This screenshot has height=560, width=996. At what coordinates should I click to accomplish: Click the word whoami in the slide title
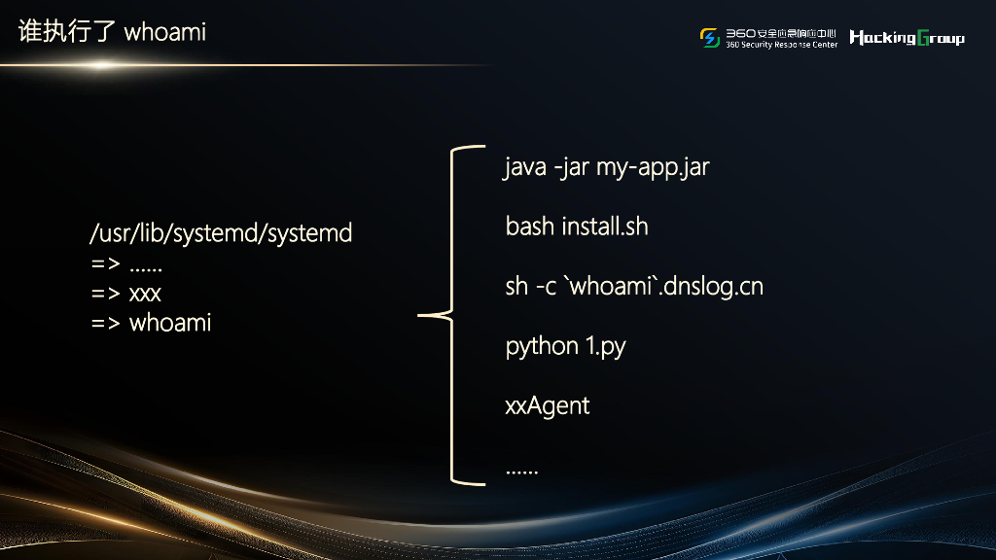pyautogui.click(x=165, y=32)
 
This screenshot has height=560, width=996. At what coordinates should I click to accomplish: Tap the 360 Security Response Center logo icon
pyautogui.click(x=710, y=37)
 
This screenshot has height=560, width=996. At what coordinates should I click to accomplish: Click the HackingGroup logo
pyautogui.click(x=907, y=38)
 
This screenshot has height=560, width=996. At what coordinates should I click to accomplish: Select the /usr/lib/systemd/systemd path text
pyautogui.click(x=221, y=234)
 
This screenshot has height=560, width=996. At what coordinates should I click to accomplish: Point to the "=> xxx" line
pyautogui.click(x=126, y=294)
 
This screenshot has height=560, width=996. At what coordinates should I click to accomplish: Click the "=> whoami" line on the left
pyautogui.click(x=151, y=323)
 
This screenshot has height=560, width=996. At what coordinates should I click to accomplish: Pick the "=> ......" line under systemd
pyautogui.click(x=126, y=264)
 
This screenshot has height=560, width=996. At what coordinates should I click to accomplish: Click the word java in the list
pyautogui.click(x=525, y=167)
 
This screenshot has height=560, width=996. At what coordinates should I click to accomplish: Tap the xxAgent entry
pyautogui.click(x=548, y=405)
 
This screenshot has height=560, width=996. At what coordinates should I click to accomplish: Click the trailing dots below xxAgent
pyautogui.click(x=521, y=472)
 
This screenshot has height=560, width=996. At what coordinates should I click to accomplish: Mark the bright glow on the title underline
pyautogui.click(x=100, y=65)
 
